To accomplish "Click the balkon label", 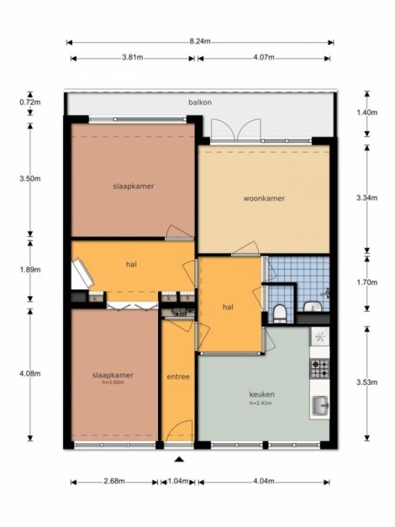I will [199, 104].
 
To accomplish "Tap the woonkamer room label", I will [263, 198].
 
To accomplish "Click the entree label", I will [178, 377].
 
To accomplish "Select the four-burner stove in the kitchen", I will [321, 367].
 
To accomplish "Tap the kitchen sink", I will [321, 407].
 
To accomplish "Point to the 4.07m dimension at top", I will [264, 57].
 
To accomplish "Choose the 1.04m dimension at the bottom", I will [179, 481].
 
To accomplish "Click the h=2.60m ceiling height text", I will [114, 382].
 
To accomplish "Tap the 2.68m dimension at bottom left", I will [115, 481].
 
